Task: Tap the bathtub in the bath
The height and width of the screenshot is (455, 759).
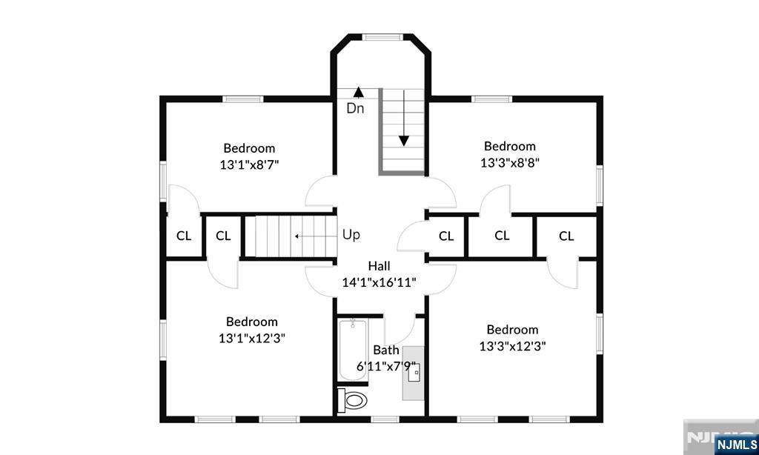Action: click(x=352, y=350)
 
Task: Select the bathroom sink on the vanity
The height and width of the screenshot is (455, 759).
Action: click(x=414, y=373)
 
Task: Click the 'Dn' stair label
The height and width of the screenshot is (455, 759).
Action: click(x=355, y=108)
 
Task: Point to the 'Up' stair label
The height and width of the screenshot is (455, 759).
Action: click(x=351, y=235)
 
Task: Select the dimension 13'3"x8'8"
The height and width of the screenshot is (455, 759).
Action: click(x=510, y=163)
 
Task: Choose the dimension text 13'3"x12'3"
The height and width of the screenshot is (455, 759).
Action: click(x=513, y=347)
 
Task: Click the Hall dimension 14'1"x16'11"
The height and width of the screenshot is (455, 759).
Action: click(x=379, y=282)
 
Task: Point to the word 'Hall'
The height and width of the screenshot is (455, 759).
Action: click(x=379, y=266)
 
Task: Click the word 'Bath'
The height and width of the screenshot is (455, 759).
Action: click(x=386, y=350)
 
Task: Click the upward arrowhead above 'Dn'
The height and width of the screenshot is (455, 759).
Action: click(x=358, y=92)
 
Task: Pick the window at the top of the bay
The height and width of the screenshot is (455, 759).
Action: click(x=383, y=36)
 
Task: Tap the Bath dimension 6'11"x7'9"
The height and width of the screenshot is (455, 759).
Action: click(x=386, y=366)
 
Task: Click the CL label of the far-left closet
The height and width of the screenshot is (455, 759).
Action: click(x=184, y=236)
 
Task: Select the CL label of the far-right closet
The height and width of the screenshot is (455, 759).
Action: click(x=566, y=236)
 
